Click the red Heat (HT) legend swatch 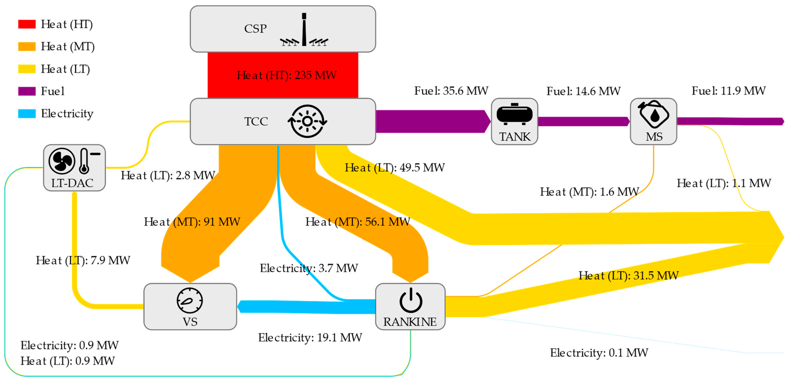coord(27,24)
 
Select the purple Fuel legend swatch coord(27,91)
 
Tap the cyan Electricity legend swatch coord(27,113)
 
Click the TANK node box coord(514,121)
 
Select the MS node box coord(653,121)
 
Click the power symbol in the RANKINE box coord(410,300)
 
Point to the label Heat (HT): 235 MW coord(286,75)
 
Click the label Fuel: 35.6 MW coord(451,91)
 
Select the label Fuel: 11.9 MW coord(728,91)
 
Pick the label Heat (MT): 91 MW coord(192,222)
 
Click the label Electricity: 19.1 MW coord(310,338)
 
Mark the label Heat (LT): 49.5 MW coord(394,168)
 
